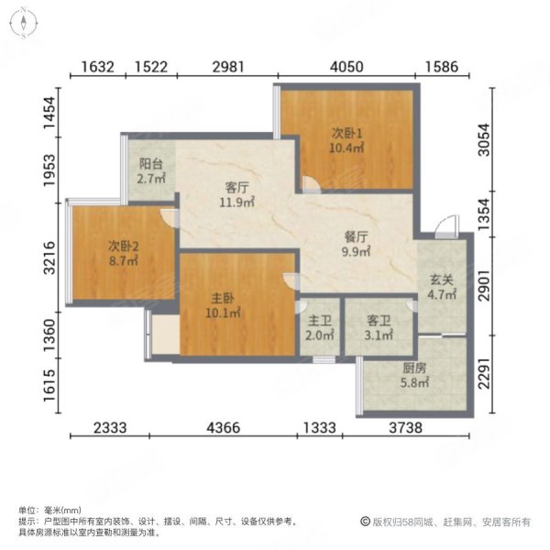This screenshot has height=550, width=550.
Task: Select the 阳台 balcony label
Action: tap(151, 165)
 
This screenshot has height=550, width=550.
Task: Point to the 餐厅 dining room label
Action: tap(356, 236)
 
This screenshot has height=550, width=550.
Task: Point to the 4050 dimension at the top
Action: tap(347, 66)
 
